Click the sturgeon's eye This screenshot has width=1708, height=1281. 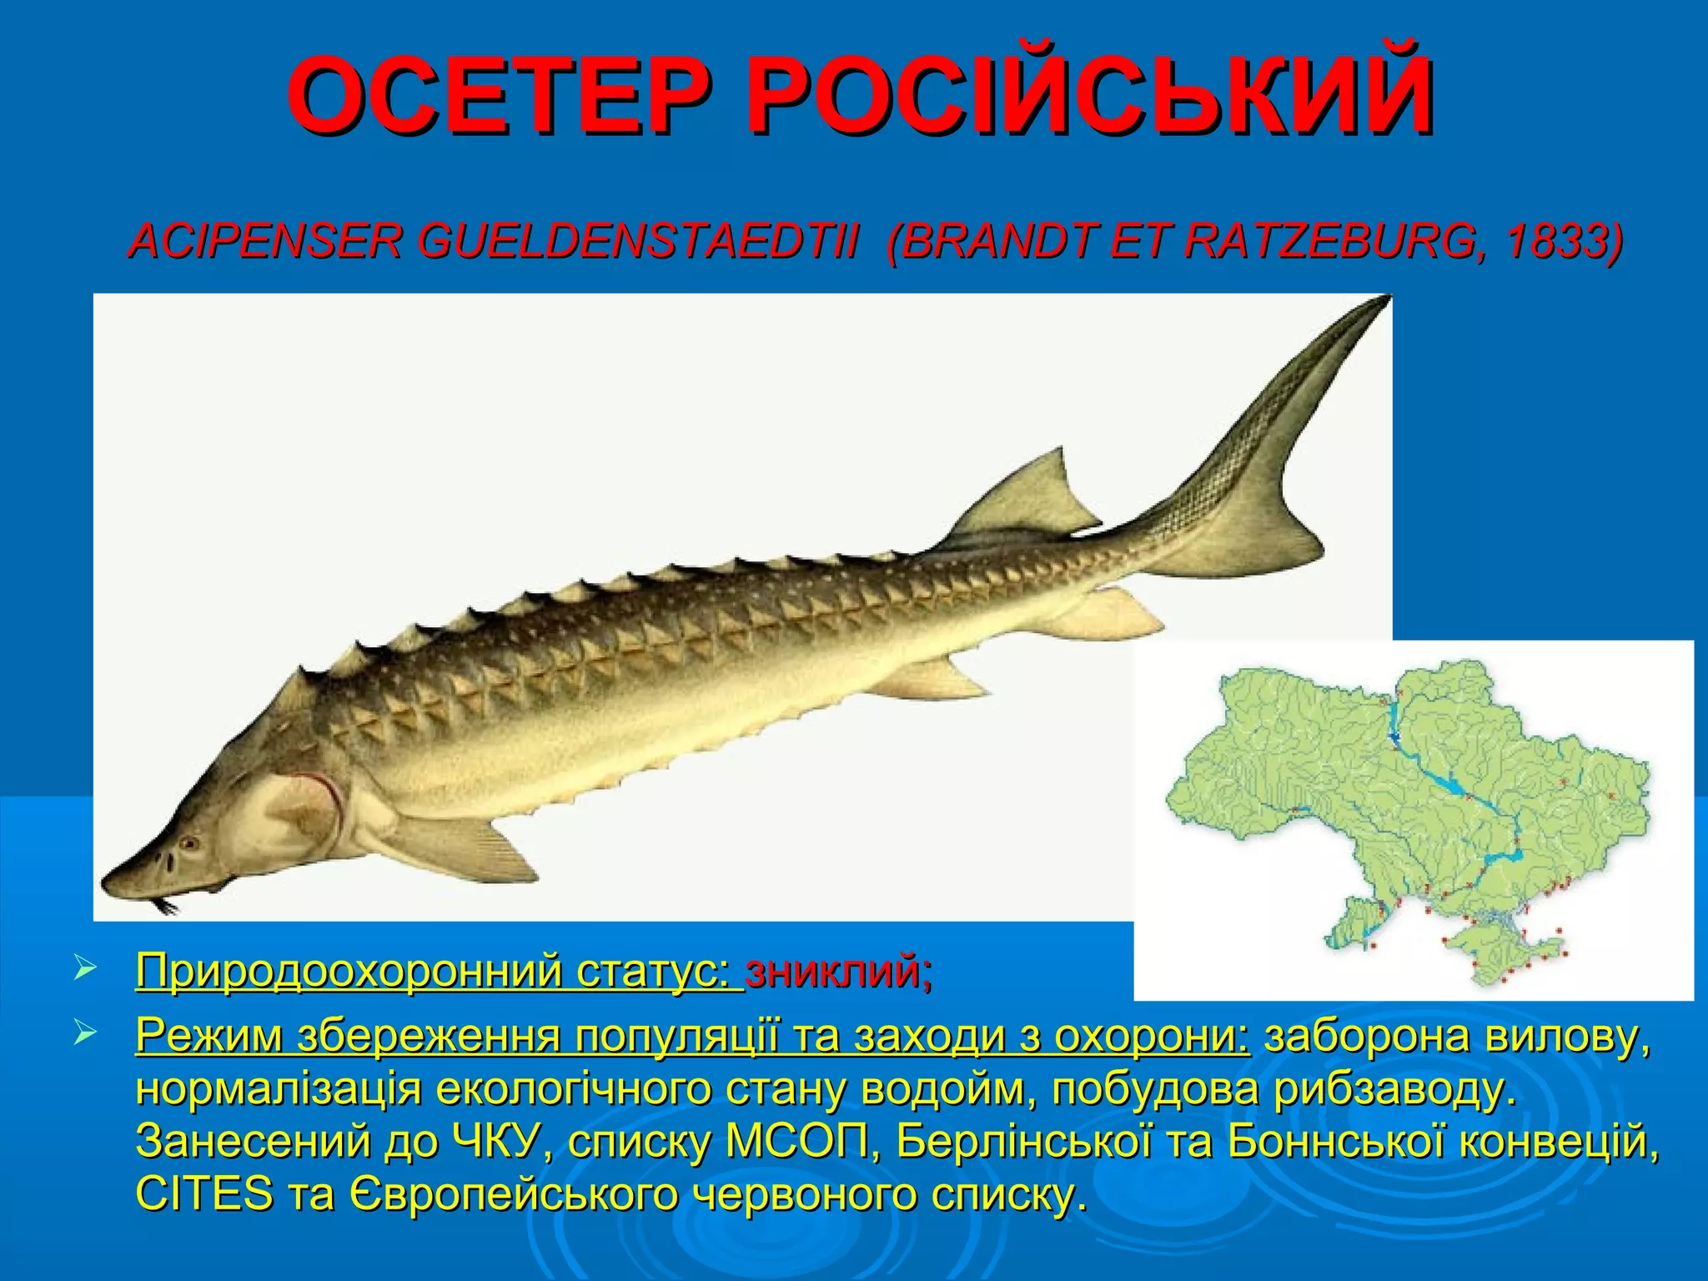190,843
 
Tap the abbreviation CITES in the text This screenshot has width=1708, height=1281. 203,1195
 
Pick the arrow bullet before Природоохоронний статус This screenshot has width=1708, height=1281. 86,970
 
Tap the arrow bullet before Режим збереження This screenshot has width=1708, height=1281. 86,1035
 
